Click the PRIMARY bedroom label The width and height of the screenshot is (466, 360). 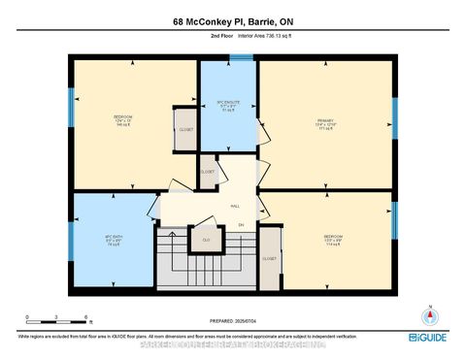coord(324,124)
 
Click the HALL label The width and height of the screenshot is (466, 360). coord(235,205)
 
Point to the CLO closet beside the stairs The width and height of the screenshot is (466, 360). coord(206,239)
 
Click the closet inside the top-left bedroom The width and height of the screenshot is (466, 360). coord(184,130)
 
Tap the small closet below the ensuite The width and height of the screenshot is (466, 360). coord(208,172)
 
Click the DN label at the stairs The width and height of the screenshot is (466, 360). coord(241,225)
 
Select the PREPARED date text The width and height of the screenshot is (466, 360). coord(233,322)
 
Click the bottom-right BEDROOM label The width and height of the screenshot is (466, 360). coord(333,239)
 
